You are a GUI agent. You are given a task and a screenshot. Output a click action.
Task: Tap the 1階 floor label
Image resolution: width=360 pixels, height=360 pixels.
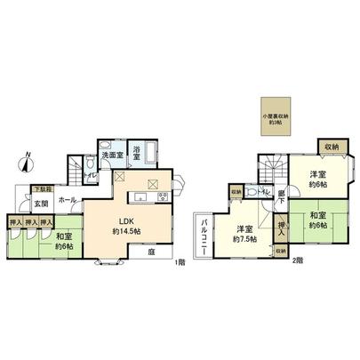pyautogui.click(x=180, y=261)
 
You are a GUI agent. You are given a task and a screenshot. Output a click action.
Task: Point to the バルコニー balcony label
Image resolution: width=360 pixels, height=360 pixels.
pyautogui.click(x=204, y=236)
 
